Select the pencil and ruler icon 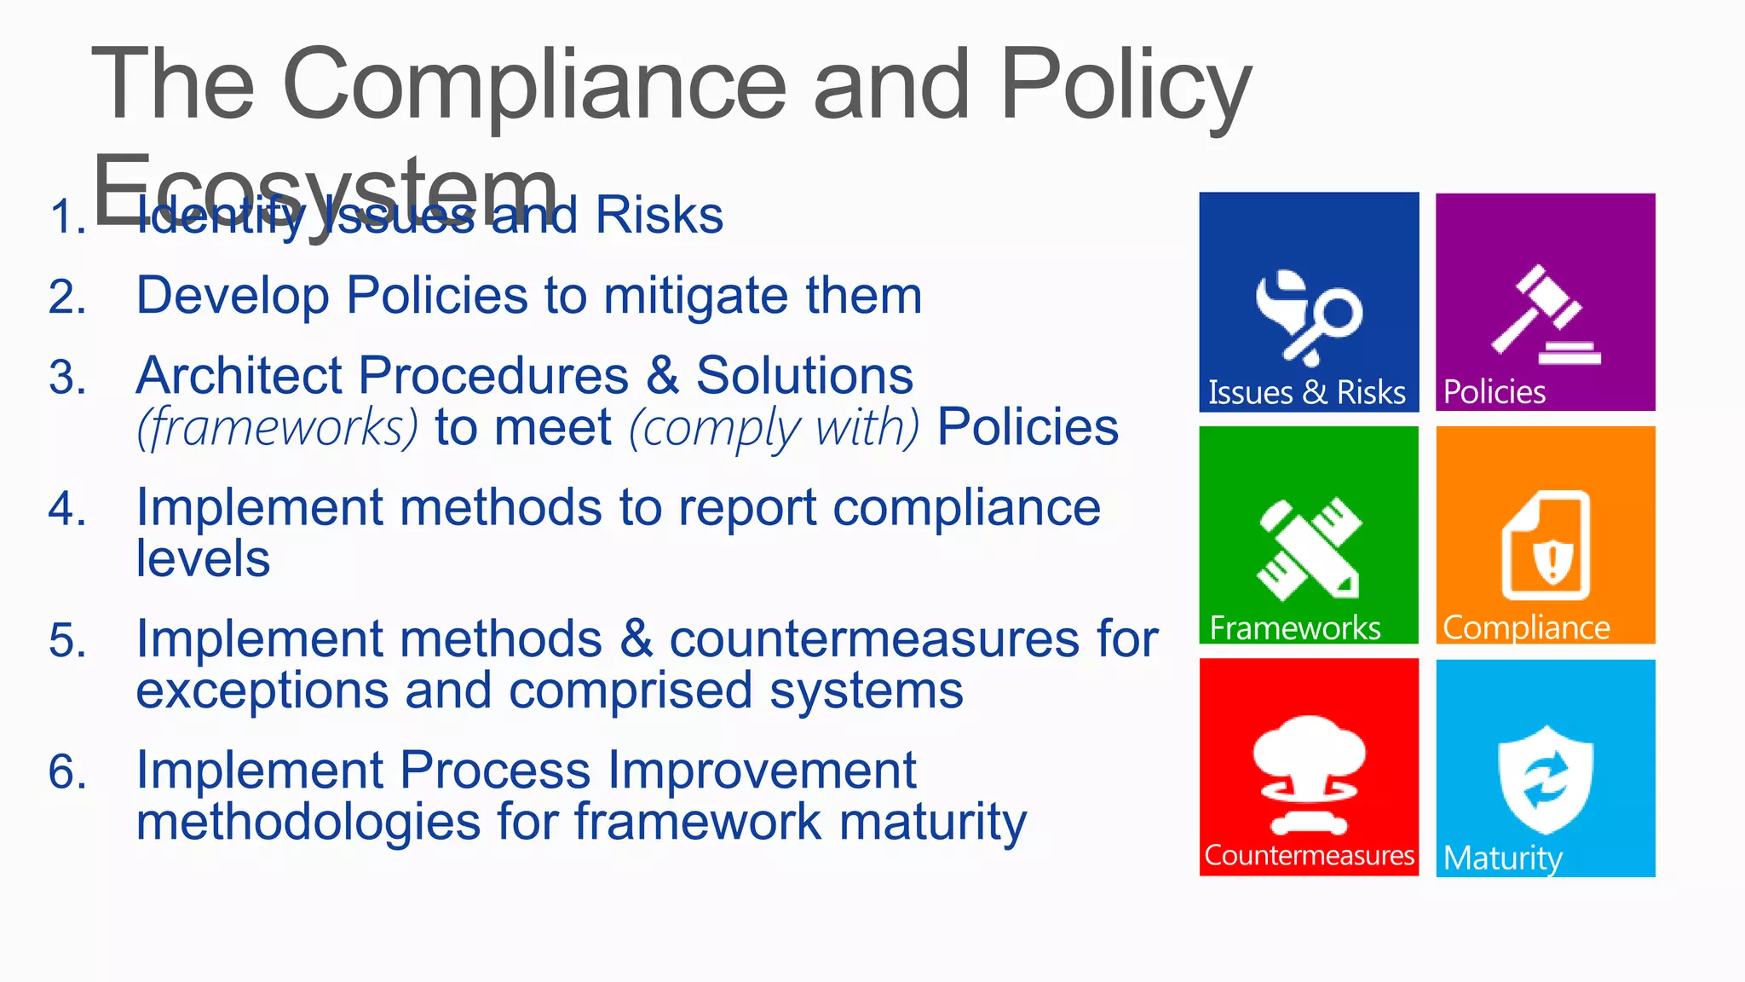click(1309, 549)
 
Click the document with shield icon click(1546, 546)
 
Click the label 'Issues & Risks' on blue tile click(1306, 393)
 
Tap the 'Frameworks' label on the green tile click(1294, 628)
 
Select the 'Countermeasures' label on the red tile click(1309, 855)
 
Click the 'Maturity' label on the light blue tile click(1503, 858)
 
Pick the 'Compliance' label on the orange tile click(1526, 628)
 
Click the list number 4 click(67, 510)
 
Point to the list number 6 click(67, 772)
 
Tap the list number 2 click(67, 298)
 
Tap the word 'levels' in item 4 click(203, 559)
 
